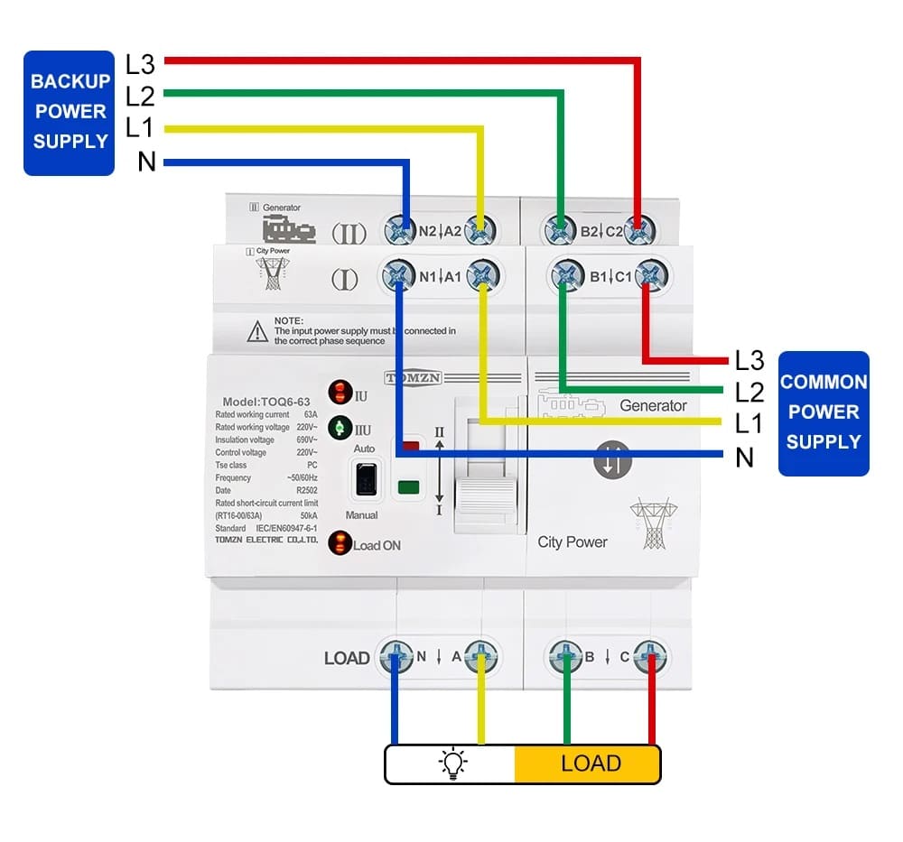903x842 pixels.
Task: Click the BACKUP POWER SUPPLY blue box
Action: [x=70, y=112]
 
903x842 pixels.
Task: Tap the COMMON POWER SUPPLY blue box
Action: [x=823, y=412]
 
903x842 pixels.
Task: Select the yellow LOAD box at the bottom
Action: [x=589, y=763]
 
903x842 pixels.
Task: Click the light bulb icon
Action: [x=452, y=764]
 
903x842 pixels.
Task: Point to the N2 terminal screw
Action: [x=400, y=230]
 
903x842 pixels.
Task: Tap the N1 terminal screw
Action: [x=398, y=274]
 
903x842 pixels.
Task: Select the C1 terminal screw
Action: [x=650, y=274]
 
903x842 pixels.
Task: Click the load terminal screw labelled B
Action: [x=565, y=657]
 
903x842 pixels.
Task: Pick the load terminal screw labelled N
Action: [x=395, y=657]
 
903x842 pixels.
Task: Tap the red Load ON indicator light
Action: [x=340, y=544]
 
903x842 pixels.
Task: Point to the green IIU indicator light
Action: [x=340, y=427]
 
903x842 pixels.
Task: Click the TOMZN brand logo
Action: [x=413, y=378]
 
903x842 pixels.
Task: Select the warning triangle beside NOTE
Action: [x=257, y=331]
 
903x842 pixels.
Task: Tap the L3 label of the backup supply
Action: [x=140, y=64]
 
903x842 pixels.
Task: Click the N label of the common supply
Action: [x=744, y=458]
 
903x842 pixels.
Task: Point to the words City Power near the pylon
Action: [x=572, y=542]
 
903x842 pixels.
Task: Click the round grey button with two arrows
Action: [x=611, y=460]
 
